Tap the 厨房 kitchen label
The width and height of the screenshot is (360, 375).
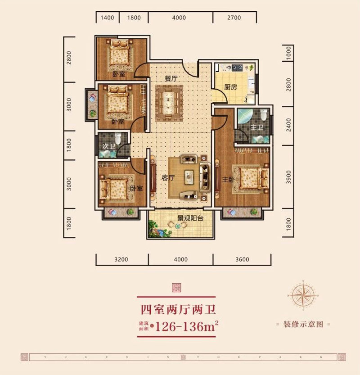pos(230,87)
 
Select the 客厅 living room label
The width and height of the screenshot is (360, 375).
pos(168,178)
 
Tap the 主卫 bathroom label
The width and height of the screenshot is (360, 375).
pos(256,128)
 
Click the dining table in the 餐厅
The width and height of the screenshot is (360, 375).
pos(169,103)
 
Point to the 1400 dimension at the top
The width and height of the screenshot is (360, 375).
pos(107,18)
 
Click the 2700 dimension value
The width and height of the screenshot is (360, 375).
pos(234,18)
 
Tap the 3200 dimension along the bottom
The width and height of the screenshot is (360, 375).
pos(121,259)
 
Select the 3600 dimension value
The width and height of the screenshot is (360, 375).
pos(242,259)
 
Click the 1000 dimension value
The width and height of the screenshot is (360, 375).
pos(288,55)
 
